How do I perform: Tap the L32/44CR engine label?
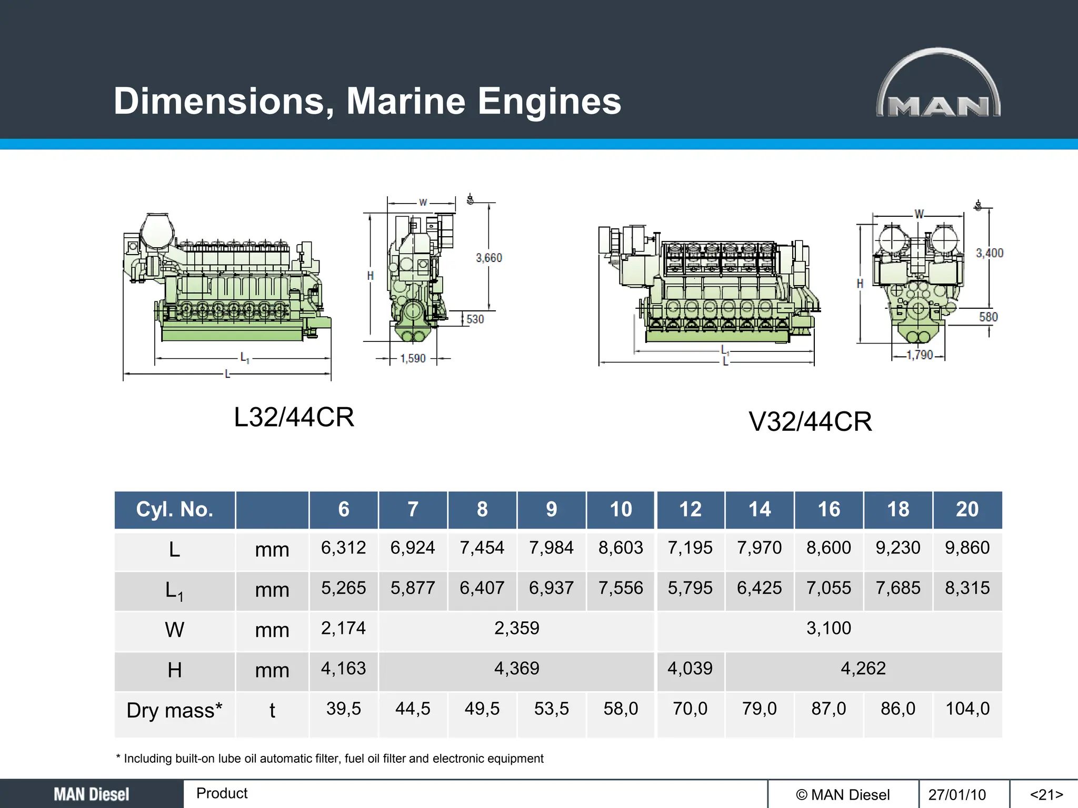pyautogui.click(x=294, y=417)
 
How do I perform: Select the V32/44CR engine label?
pyautogui.click(x=810, y=421)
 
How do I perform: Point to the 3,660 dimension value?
pyautogui.click(x=489, y=258)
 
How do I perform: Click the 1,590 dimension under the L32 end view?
pyautogui.click(x=413, y=359)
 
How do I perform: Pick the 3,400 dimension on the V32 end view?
pyautogui.click(x=990, y=253)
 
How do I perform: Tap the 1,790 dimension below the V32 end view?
pyautogui.click(x=920, y=355)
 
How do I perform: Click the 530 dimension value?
pyautogui.click(x=475, y=319)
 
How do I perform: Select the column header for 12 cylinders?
pyautogui.click(x=690, y=509)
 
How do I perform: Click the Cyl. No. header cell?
pyautogui.click(x=174, y=509)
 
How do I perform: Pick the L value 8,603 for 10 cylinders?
pyautogui.click(x=621, y=548)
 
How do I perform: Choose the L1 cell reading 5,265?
pyautogui.click(x=343, y=588)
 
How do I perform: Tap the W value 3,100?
pyautogui.click(x=829, y=628)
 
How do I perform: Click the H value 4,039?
pyautogui.click(x=690, y=668)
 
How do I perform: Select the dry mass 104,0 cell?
pyautogui.click(x=967, y=709)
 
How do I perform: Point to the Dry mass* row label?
pyautogui.click(x=174, y=710)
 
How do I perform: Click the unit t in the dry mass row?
pyautogui.click(x=272, y=710)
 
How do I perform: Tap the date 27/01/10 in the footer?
pyautogui.click(x=957, y=794)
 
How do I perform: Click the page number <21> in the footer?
pyautogui.click(x=1046, y=794)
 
